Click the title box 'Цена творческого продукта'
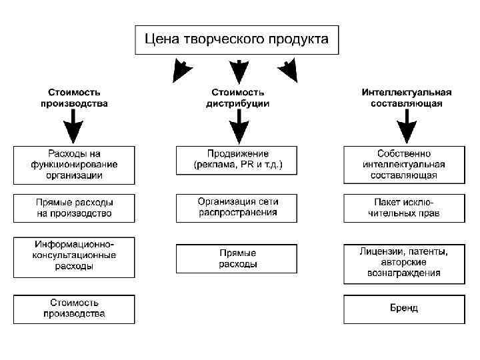click(237, 39)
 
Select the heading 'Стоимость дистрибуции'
click(238, 98)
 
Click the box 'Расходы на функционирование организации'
click(74, 165)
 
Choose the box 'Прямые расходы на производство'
click(74, 208)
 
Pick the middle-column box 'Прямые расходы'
click(238, 259)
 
